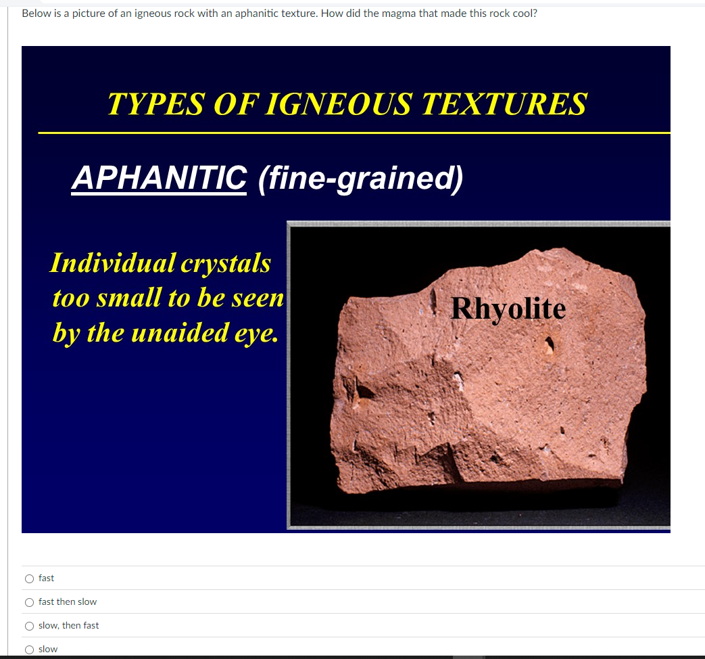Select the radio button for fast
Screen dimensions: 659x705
pos(29,578)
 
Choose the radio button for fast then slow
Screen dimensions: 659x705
pos(29,602)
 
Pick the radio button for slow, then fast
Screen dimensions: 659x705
pos(29,626)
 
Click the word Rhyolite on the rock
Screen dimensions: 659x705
pos(508,309)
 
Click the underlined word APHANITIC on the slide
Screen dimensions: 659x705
pos(160,179)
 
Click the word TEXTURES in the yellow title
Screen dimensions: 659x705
pos(504,104)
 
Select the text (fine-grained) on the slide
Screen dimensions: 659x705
pos(361,179)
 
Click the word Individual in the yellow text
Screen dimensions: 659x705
pos(112,263)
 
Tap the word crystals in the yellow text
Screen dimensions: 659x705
pos(226,263)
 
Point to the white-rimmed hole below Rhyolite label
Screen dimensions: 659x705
pos(550,344)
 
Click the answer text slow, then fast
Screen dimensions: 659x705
pos(68,626)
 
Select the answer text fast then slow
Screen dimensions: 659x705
pos(68,602)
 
